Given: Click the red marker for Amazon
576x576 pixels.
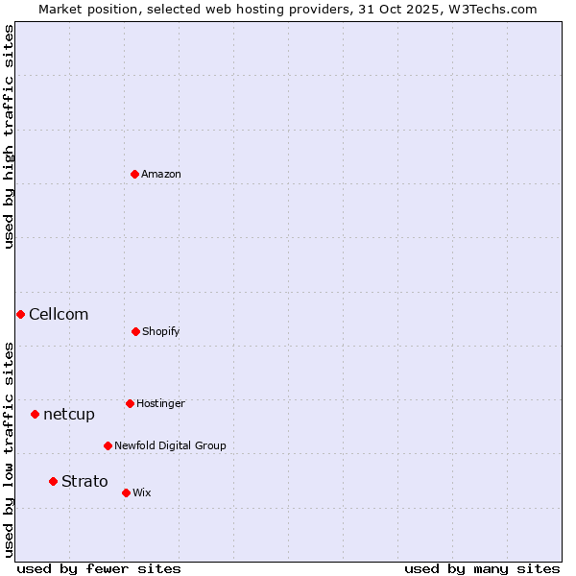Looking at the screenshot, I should (134, 174).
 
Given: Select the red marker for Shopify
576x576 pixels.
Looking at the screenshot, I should (135, 331).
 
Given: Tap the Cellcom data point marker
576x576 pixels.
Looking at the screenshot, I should (20, 314).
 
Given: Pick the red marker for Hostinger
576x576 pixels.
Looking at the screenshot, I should (130, 403).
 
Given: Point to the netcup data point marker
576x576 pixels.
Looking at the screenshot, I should (35, 414).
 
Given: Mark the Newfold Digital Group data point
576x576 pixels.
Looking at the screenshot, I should (108, 445).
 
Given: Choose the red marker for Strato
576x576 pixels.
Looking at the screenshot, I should (53, 481).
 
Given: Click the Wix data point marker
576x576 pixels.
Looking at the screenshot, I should (126, 492).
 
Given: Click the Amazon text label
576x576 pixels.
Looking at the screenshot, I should (161, 174).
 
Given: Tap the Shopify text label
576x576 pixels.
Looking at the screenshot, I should (161, 331).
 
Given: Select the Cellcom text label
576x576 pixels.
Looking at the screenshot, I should (59, 314).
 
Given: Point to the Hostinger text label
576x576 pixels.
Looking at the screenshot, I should (160, 403).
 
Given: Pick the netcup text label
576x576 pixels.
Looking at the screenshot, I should (69, 414).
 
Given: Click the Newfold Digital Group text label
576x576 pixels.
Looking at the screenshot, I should (170, 445).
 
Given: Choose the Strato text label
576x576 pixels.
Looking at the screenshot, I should (84, 481).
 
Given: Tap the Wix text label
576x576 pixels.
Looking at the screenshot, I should (142, 492).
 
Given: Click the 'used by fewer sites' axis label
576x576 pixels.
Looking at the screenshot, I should (99, 568).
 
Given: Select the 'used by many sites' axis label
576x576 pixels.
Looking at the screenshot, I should (482, 568).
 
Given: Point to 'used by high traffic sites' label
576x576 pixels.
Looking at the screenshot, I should (9, 136).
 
